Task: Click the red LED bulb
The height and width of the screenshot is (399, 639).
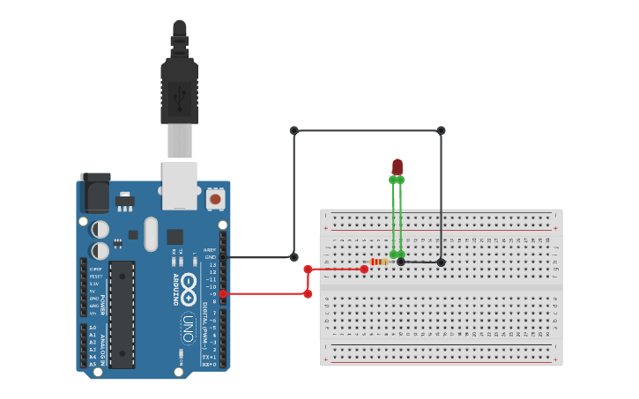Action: coord(397,166)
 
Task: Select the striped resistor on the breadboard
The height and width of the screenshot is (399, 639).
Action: coord(380,262)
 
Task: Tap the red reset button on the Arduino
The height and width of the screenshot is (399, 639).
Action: coord(215,199)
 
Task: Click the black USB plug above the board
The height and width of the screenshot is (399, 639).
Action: coord(179,88)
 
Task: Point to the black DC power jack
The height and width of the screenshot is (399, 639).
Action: coord(95,192)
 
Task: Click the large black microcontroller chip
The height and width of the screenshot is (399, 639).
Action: coord(122,314)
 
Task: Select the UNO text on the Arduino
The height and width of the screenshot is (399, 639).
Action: coord(188,328)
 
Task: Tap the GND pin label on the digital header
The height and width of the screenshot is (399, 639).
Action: coord(210,257)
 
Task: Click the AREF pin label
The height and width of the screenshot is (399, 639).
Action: coord(209,250)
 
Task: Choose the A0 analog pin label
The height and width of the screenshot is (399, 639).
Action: coord(93,328)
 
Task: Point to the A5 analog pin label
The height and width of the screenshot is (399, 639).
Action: coord(93,364)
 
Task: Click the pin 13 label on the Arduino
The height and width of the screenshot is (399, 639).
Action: coord(212,264)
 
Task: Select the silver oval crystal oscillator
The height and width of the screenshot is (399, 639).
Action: coord(151,233)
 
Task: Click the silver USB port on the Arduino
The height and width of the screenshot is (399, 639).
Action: coord(180,185)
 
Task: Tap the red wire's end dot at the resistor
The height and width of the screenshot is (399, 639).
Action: coord(364,270)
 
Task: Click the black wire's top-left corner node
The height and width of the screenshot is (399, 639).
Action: coord(294,130)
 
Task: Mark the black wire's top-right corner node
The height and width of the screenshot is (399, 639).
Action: coord(441,130)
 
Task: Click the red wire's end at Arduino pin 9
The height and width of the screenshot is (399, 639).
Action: coord(223,294)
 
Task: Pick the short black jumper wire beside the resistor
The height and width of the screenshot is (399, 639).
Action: coord(420,262)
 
